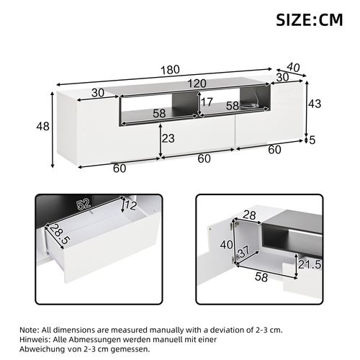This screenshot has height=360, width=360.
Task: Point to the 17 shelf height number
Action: pyautogui.click(x=207, y=102)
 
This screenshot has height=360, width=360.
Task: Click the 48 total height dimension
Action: pyautogui.click(x=42, y=127)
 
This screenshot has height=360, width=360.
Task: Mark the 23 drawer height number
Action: pyautogui.click(x=168, y=139)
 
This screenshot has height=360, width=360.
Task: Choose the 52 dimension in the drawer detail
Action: pyautogui.click(x=84, y=205)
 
